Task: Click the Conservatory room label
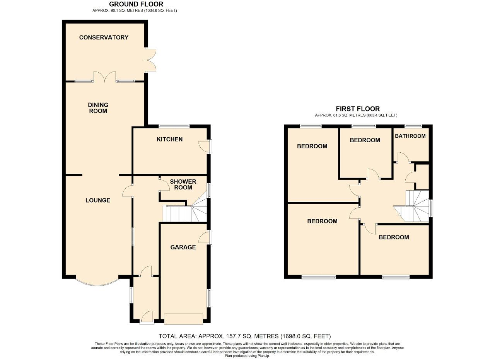click(x=104, y=38)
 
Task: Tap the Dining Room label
click(x=98, y=108)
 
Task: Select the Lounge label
click(x=98, y=200)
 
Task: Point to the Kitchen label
click(x=169, y=139)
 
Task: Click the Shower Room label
click(x=183, y=184)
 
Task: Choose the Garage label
click(x=183, y=247)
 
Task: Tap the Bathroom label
click(x=410, y=136)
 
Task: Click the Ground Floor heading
click(x=136, y=4)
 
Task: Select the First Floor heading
click(x=358, y=109)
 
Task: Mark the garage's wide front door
click(x=183, y=319)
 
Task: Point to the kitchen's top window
click(x=174, y=126)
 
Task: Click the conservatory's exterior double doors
click(x=151, y=60)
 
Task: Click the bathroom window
click(x=413, y=126)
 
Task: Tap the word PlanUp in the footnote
click(x=263, y=356)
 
